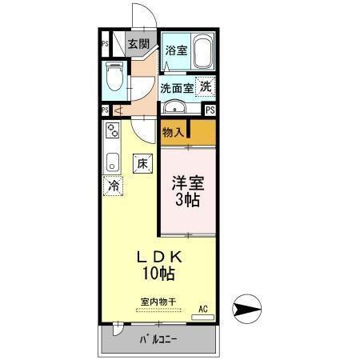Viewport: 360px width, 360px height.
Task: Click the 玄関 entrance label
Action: (138, 44)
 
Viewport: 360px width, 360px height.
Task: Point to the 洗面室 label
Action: (176, 89)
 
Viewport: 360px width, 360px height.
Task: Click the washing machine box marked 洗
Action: (206, 86)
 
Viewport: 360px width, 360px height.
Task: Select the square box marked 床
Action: (142, 162)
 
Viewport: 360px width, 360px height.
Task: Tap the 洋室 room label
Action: (188, 182)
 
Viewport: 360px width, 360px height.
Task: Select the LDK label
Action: (160, 257)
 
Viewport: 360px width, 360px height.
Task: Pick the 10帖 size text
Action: (160, 274)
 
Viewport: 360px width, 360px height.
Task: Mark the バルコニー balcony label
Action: (160, 340)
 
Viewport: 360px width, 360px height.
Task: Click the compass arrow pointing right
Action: (246, 307)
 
